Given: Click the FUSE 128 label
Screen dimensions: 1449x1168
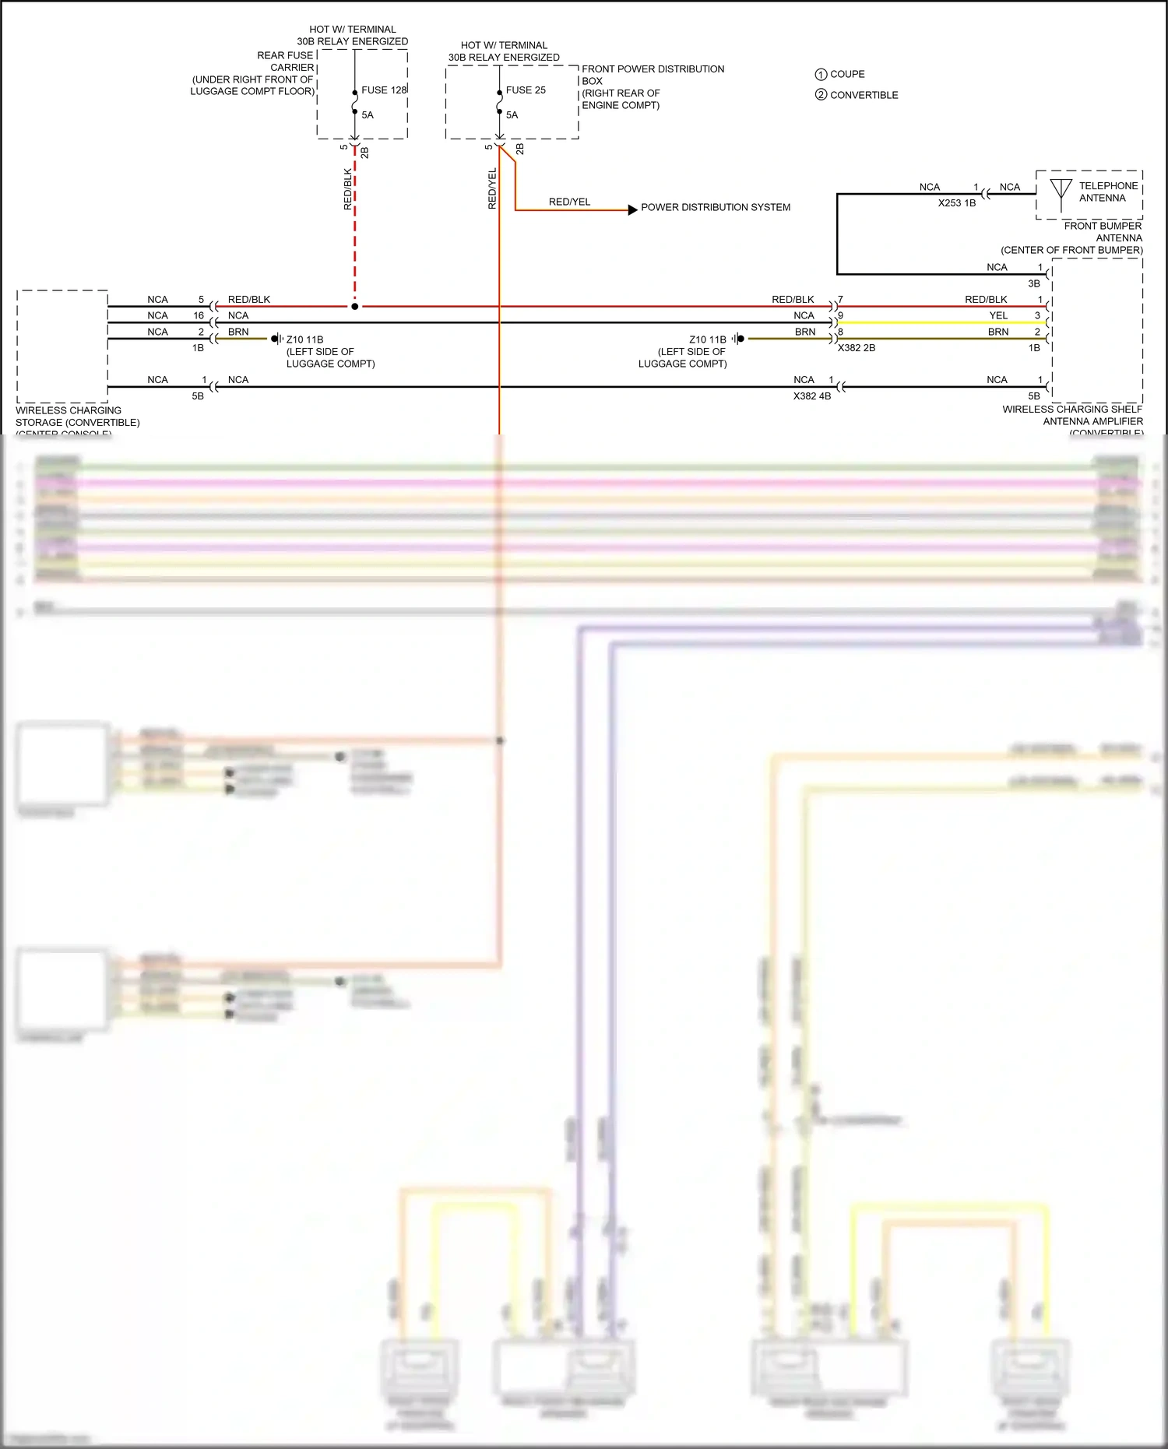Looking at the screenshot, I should pyautogui.click(x=384, y=90).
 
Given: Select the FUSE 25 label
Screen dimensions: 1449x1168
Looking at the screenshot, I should pyautogui.click(x=526, y=90).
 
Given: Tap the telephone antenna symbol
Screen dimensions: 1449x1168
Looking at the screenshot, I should pyautogui.click(x=1061, y=192).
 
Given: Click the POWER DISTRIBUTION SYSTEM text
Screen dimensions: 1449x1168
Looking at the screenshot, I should pyautogui.click(x=715, y=208).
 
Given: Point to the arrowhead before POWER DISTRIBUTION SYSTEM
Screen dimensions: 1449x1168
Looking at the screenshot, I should pyautogui.click(x=633, y=209).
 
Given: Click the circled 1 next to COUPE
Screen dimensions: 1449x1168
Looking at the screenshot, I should pyautogui.click(x=821, y=75).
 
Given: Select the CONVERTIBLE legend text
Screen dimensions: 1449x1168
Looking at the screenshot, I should pyautogui.click(x=864, y=95).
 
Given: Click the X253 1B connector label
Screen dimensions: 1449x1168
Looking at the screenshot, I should pyautogui.click(x=956, y=203).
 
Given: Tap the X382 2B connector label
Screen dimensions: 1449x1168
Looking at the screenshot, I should pyautogui.click(x=856, y=348).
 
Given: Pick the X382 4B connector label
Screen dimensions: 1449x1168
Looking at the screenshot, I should pyautogui.click(x=811, y=396).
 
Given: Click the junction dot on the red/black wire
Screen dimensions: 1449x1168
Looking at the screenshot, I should pyautogui.click(x=355, y=307).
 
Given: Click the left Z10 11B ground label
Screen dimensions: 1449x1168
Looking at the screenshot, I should pyautogui.click(x=304, y=340).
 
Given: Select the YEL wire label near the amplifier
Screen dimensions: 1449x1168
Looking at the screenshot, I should pyautogui.click(x=998, y=316).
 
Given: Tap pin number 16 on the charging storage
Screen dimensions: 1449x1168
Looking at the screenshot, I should pyautogui.click(x=199, y=316).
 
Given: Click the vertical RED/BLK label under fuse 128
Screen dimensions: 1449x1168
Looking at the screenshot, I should pyautogui.click(x=348, y=189).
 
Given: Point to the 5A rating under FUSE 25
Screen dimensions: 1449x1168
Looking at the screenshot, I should pyautogui.click(x=512, y=115).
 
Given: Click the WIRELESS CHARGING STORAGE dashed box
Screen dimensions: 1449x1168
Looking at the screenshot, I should pyautogui.click(x=62, y=346).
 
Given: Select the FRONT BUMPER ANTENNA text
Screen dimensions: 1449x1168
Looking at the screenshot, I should pyautogui.click(x=1103, y=232).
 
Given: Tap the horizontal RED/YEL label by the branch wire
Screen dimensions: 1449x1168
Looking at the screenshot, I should pyautogui.click(x=569, y=202).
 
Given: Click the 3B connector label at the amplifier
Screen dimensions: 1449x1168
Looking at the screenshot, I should pyautogui.click(x=1033, y=284).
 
